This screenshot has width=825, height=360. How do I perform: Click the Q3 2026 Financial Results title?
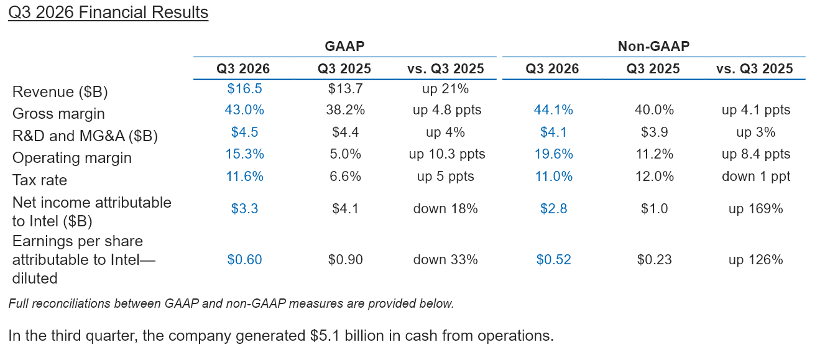coord(108,12)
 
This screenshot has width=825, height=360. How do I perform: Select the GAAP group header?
coord(344,46)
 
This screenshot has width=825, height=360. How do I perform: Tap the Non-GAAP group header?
coord(653,46)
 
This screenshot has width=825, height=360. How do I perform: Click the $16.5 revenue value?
coord(244,88)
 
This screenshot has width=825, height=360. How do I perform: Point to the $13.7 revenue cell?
coord(345,88)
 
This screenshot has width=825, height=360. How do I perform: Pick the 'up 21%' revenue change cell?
coord(445,88)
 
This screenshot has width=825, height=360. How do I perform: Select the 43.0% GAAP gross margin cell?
coord(244,110)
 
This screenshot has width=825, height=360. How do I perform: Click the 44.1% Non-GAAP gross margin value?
coord(553,110)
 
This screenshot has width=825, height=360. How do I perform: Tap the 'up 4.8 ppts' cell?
coord(447,110)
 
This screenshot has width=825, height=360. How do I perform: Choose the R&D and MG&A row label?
coord(85,136)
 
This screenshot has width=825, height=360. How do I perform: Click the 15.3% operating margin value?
coord(244,154)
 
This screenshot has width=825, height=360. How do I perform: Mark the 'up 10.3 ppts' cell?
coord(447,154)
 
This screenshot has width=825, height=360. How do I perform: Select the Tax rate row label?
coord(40,180)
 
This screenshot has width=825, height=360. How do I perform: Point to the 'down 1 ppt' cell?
coord(756,176)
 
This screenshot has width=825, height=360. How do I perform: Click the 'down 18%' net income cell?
coord(445,208)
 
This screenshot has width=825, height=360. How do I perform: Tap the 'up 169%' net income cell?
coord(756,208)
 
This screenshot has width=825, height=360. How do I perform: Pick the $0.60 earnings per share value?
coord(244,259)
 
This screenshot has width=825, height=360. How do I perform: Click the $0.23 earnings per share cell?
coord(654,259)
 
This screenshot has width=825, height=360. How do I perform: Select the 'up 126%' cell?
coord(756,259)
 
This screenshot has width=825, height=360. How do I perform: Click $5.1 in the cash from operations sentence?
coord(325,336)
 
